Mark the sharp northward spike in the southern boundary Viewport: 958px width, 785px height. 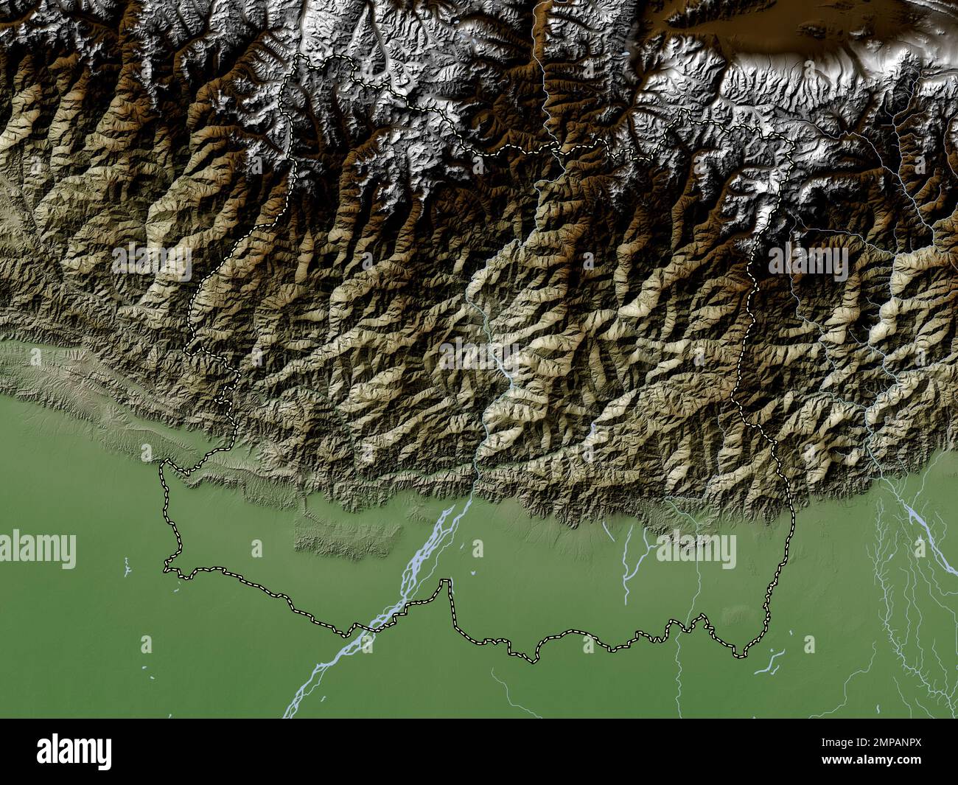444,582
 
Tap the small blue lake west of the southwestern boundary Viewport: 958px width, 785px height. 126,568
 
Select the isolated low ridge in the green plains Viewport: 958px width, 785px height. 346,535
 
